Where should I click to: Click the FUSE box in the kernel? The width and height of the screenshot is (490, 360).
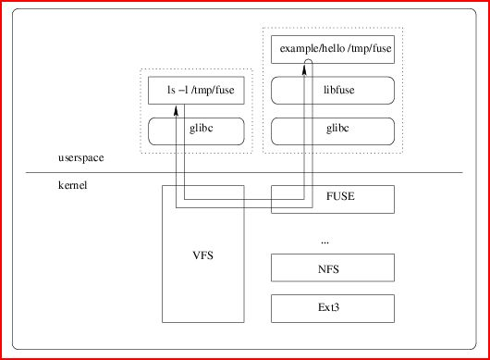333,199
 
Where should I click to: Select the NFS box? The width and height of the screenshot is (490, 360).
333,267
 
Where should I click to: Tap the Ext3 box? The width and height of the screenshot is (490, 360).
333,308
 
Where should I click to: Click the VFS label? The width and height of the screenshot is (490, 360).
203,255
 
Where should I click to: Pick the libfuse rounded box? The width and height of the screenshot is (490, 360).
333,90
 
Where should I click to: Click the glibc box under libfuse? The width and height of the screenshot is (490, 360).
333,131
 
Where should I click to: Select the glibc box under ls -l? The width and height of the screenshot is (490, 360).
196,131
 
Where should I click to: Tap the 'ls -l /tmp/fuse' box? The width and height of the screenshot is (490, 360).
196,90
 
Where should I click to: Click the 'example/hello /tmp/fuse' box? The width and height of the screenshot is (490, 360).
333,49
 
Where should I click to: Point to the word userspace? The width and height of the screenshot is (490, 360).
81,157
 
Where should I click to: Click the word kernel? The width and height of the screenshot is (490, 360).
72,185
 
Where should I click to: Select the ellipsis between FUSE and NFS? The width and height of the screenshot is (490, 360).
325,242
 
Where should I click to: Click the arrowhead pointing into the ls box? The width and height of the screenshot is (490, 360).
176,110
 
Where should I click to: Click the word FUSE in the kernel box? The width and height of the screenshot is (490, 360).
340,196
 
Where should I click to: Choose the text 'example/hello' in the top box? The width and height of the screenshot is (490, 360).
312,48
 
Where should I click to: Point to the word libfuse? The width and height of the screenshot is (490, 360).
338,90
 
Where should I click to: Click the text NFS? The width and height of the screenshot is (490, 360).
328,269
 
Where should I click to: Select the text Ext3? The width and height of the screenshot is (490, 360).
328,307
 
